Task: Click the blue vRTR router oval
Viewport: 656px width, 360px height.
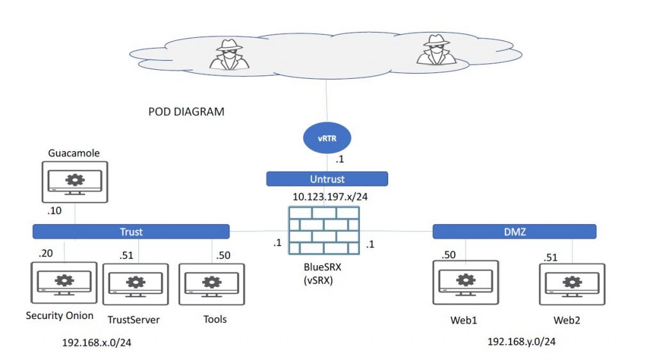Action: coord(327,138)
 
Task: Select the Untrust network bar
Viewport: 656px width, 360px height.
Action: coord(327,179)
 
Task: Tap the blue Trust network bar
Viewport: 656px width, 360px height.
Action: coord(131,232)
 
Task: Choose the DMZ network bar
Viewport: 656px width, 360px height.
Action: coord(514,232)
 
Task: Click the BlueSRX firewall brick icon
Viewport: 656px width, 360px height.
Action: coord(324,231)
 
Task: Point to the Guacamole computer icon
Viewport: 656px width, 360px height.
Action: coord(75,183)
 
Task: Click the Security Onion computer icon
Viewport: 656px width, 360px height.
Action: coord(64,282)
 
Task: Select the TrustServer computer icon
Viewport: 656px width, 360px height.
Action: coord(136,284)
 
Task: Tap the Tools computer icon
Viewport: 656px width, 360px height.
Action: coord(211,284)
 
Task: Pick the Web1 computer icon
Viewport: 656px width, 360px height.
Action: coord(466,282)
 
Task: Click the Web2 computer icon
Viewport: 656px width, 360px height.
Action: coord(572,284)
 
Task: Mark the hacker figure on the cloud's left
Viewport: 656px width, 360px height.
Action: coord(229,54)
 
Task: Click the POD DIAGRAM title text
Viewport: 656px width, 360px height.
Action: coord(186,111)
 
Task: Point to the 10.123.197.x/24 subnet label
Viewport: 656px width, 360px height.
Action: coord(330,197)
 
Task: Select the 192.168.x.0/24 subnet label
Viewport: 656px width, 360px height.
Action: coord(97,343)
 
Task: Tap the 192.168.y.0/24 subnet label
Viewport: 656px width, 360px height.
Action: coord(521,341)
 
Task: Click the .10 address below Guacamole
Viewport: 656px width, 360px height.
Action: coord(54,210)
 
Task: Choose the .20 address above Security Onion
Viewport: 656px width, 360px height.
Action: coord(45,253)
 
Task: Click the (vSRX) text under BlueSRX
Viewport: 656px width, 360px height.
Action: coord(318,280)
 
